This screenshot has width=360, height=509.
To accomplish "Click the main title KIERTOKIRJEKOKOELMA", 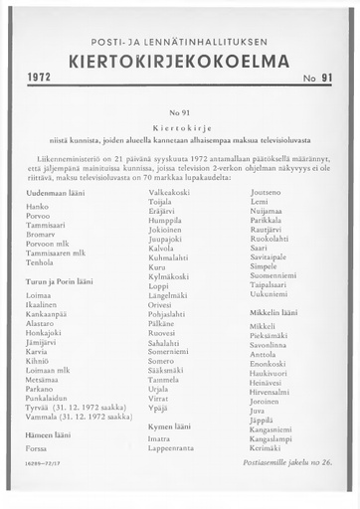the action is (x=179, y=62).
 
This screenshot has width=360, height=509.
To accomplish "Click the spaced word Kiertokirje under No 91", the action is (x=180, y=128).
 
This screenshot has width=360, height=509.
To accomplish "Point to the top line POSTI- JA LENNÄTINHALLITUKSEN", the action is (x=179, y=40).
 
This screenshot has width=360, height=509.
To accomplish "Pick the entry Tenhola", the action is (x=41, y=262).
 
